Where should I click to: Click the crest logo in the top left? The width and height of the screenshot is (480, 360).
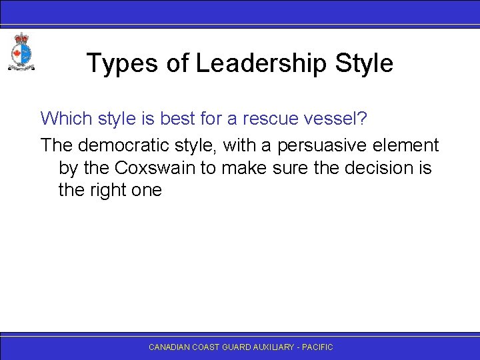[21, 51]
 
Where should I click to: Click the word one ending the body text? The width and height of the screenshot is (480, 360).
[148, 190]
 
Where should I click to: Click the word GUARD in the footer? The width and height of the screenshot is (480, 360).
[239, 347]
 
